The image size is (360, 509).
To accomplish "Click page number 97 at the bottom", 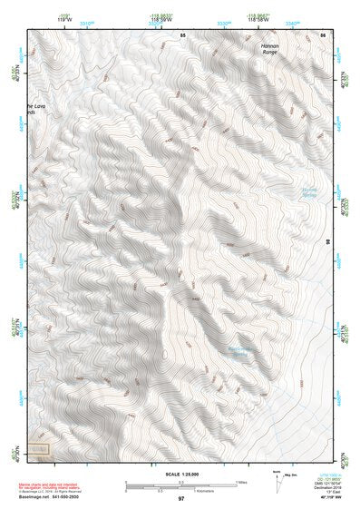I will (180, 499).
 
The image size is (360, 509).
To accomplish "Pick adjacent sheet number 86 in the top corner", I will (323, 34).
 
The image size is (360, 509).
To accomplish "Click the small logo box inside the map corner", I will (37, 448).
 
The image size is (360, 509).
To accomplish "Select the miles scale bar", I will (180, 482).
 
